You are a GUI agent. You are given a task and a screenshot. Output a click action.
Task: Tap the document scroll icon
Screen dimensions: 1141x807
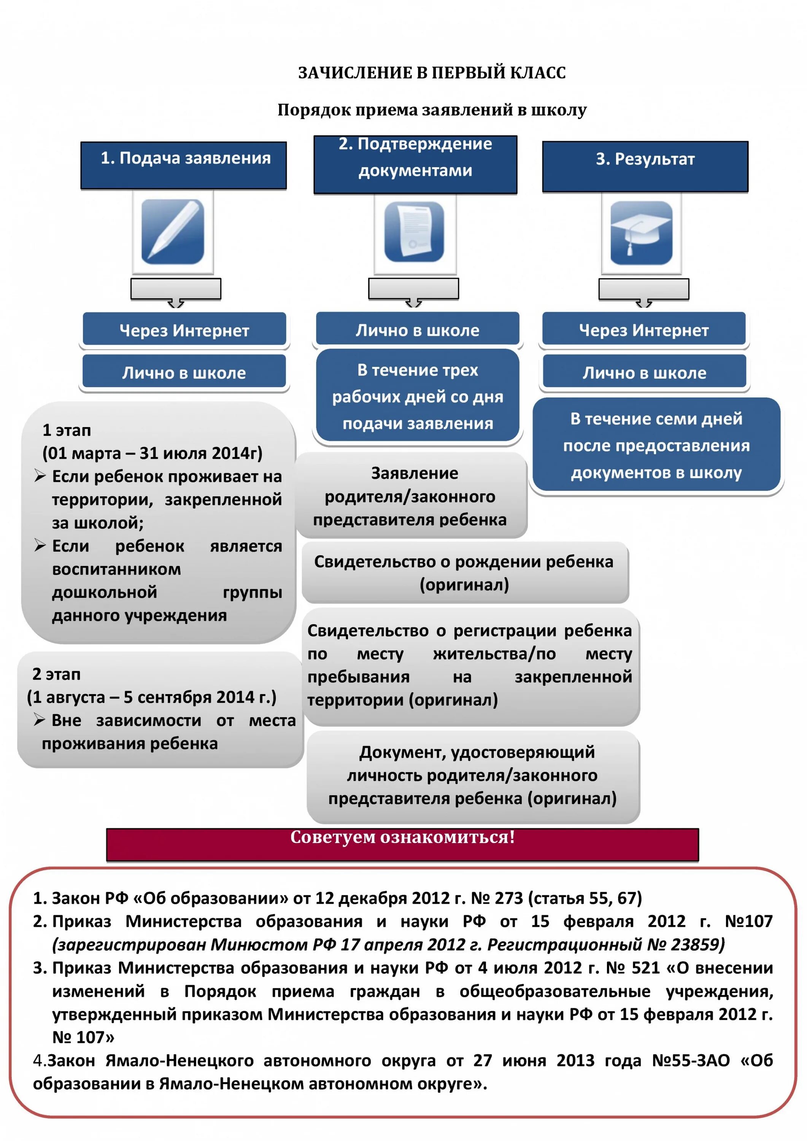click(415, 232)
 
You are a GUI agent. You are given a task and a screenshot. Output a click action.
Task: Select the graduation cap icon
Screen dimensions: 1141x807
click(641, 232)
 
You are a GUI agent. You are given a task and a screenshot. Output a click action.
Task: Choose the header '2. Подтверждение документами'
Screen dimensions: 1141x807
click(415, 164)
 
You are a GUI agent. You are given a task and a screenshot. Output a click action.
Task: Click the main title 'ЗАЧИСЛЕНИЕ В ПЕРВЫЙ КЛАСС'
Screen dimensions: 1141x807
click(432, 73)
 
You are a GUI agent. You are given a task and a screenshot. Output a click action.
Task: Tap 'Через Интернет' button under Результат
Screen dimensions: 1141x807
click(643, 330)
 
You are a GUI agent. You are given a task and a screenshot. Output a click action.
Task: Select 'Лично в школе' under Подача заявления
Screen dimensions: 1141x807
click(184, 373)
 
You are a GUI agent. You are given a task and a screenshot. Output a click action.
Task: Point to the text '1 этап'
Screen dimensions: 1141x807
click(67, 431)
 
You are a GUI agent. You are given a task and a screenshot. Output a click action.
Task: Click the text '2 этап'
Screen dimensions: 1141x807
click(56, 674)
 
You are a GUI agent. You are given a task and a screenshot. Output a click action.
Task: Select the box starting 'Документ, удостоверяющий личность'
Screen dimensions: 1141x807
click(473, 775)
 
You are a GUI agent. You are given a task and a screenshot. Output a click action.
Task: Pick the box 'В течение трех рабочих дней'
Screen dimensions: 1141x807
click(418, 397)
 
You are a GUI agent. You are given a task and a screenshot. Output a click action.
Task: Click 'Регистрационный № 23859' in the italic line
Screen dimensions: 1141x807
click(605, 945)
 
